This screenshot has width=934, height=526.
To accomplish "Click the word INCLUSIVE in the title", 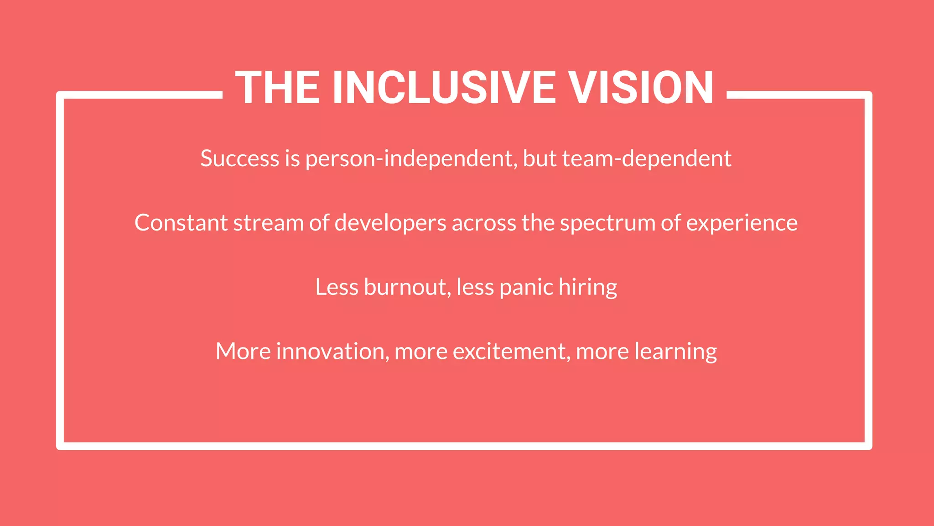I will (x=444, y=88).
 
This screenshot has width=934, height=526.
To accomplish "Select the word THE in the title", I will (x=277, y=88).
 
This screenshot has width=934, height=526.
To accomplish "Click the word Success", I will (x=239, y=158).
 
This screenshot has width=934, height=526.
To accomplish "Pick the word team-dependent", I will (x=647, y=158).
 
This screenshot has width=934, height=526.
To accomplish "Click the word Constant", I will (x=181, y=223).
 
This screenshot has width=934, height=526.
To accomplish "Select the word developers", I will (x=390, y=223).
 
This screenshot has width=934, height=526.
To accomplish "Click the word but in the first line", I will (x=540, y=158).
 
